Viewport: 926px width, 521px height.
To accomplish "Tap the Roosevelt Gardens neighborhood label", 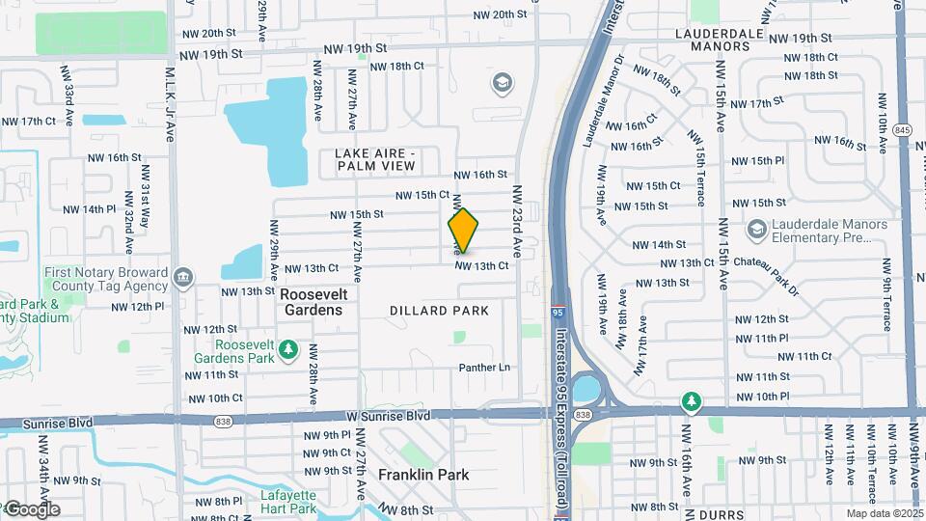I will click(x=312, y=302).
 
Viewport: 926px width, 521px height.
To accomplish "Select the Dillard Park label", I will click(x=439, y=311).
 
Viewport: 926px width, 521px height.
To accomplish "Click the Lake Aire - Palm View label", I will click(x=374, y=160).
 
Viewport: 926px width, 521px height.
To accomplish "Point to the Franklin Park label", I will click(x=423, y=475).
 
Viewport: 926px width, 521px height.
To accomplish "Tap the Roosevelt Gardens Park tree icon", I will click(x=287, y=348).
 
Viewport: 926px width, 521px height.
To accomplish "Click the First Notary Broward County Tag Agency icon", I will click(x=182, y=280).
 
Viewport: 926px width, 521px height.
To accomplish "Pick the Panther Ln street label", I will click(x=483, y=368).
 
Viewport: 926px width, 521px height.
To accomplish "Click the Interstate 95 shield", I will click(x=558, y=314).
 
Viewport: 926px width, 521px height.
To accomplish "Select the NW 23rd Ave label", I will click(x=517, y=221).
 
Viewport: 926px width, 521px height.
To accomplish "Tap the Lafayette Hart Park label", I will click(x=288, y=502).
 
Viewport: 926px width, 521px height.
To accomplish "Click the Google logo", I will click(x=32, y=509).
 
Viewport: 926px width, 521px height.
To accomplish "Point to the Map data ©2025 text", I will click(x=885, y=513).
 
